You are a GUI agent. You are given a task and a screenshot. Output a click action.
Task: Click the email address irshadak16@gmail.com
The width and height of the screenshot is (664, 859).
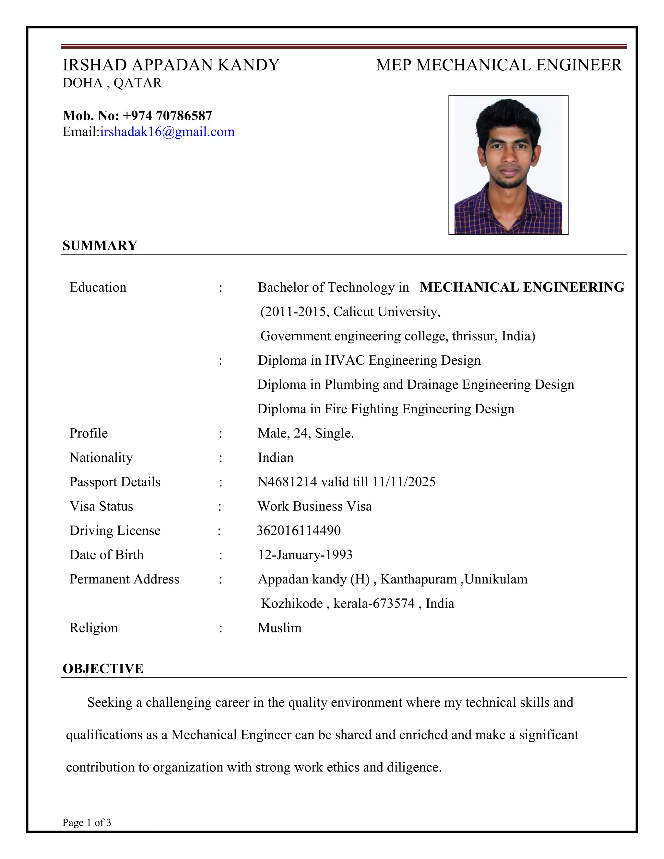167,132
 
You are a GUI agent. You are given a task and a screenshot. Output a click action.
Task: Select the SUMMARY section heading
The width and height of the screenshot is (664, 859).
100,245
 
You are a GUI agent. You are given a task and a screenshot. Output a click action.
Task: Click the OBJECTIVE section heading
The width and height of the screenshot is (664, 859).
103,669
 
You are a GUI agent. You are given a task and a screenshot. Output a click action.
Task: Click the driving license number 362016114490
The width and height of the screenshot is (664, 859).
299,531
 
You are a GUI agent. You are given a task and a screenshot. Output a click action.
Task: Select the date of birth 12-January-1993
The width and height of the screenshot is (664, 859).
305,555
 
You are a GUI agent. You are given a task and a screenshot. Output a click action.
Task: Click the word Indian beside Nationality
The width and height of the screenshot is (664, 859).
275,457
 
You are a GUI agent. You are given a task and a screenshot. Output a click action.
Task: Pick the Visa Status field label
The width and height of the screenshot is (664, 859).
101,506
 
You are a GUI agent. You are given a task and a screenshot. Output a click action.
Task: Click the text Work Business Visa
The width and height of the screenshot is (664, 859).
314,506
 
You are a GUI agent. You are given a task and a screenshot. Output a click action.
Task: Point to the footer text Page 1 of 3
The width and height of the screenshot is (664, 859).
87,822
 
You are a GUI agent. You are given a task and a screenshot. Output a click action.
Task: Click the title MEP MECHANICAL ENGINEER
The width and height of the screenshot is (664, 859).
499,65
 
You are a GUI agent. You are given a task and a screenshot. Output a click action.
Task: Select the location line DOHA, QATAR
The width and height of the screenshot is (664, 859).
112,83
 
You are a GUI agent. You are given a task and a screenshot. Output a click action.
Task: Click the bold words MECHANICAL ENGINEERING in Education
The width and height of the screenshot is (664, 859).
522,287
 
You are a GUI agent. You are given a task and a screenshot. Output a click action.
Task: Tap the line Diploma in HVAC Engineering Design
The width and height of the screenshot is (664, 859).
369,360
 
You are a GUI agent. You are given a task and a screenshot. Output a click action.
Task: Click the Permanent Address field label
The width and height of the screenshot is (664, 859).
124,579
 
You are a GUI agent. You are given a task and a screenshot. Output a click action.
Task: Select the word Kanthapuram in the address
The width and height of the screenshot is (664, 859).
418,579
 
